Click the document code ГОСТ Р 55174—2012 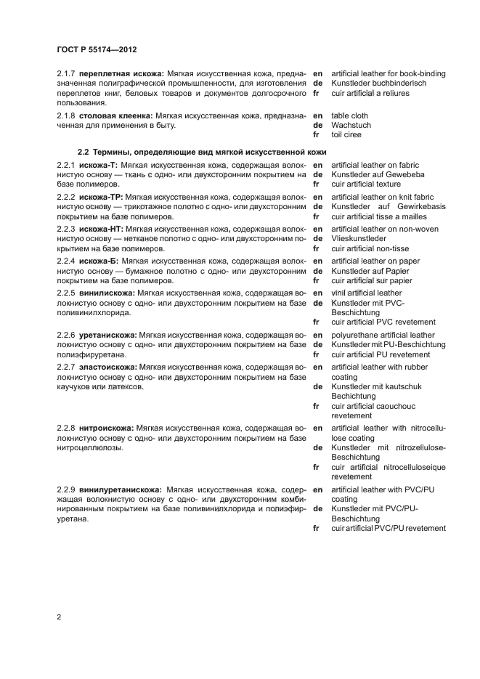tap(97, 49)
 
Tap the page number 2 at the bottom tap(59, 617)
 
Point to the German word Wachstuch tap(351, 126)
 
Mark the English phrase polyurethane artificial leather tap(383, 335)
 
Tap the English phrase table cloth tap(349, 115)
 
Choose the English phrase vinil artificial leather tap(366, 293)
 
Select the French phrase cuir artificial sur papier tap(371, 280)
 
